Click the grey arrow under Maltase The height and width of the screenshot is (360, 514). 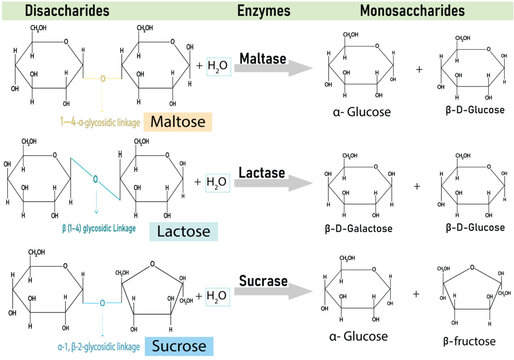click(x=271, y=70)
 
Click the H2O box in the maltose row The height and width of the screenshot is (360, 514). click(x=218, y=66)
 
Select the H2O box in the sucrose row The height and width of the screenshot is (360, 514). click(x=217, y=297)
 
